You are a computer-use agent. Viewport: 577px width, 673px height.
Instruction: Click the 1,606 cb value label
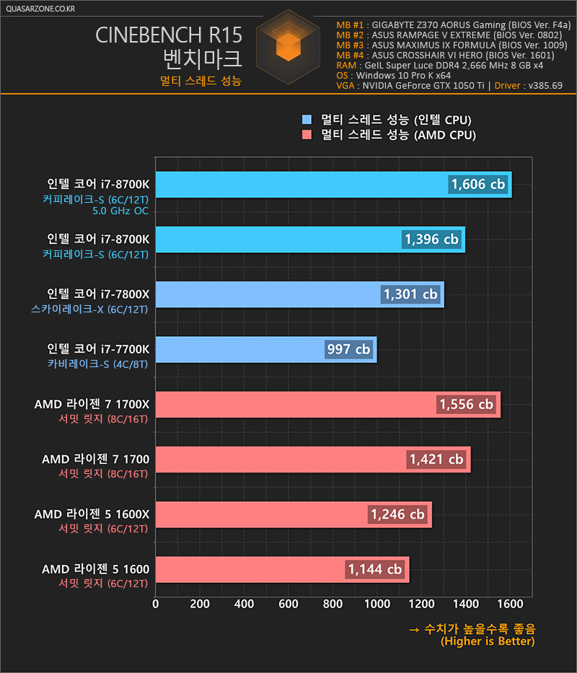(477, 185)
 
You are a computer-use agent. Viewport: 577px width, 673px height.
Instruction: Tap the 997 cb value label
(348, 349)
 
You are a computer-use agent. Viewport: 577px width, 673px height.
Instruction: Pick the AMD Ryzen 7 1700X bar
(328, 405)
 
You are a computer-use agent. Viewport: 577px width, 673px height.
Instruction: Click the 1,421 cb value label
(436, 459)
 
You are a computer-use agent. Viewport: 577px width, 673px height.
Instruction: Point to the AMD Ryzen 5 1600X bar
(294, 514)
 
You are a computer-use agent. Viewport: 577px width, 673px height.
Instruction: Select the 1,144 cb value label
(375, 569)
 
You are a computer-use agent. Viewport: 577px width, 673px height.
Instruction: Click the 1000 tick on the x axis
(377, 604)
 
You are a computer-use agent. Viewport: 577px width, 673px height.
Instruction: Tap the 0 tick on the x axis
(155, 604)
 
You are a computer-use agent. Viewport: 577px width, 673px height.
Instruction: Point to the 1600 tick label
(510, 604)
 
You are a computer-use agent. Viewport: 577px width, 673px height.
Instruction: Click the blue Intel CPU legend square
(307, 119)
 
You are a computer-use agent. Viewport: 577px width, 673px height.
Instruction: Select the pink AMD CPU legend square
(307, 135)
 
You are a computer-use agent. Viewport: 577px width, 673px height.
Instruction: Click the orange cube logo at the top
(288, 46)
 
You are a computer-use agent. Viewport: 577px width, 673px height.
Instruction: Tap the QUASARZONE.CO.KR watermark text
(40, 9)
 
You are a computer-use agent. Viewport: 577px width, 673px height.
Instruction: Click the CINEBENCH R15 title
(169, 35)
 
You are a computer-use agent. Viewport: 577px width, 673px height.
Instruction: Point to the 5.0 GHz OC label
(120, 211)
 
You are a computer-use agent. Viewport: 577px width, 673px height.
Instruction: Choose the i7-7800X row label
(98, 294)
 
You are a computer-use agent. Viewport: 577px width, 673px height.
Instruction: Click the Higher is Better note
(488, 641)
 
